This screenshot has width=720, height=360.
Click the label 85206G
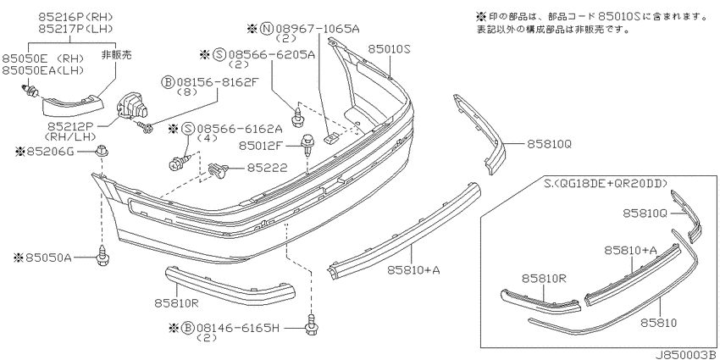(x=52, y=151)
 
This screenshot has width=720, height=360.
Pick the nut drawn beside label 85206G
(x=102, y=152)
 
